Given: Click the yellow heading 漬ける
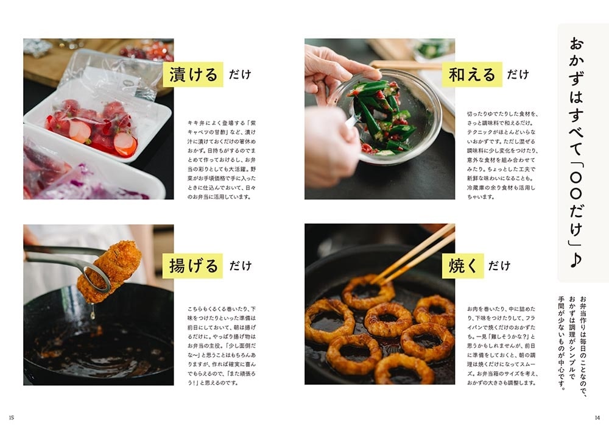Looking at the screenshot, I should coord(192,74).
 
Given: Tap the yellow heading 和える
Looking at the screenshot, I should coord(472,74).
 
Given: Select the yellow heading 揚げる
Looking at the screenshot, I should coord(192,266).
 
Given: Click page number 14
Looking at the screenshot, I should coord(597,418).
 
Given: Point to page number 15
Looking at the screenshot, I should coord(12,418).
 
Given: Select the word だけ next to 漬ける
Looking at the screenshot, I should coord(240,75).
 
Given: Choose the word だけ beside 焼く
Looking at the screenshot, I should coord(499,266).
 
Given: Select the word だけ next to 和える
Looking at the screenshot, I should coord(518,75).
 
